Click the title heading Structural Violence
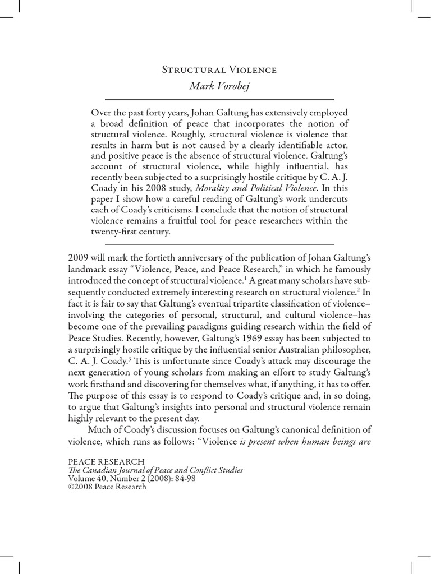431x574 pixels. point(219,70)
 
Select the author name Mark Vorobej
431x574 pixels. point(219,86)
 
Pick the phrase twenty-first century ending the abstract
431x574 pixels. point(130,232)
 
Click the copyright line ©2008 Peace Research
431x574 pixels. point(107,487)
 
